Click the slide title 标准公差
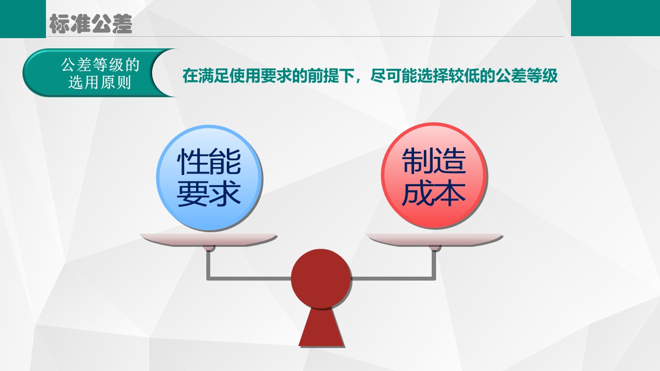point(91,24)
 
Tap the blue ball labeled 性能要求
point(209,178)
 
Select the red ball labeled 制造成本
point(434,175)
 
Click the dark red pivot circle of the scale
point(321,279)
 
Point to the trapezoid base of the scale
point(322,327)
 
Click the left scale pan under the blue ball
point(209,240)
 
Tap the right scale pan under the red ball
point(435,240)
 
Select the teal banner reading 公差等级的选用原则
point(100,73)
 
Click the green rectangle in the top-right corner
point(616,18)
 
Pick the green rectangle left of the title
point(23,19)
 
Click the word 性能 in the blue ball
point(209,162)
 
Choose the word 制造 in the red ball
point(434,161)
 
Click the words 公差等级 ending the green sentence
point(526,76)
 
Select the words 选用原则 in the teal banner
point(100,82)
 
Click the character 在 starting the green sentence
point(190,76)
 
